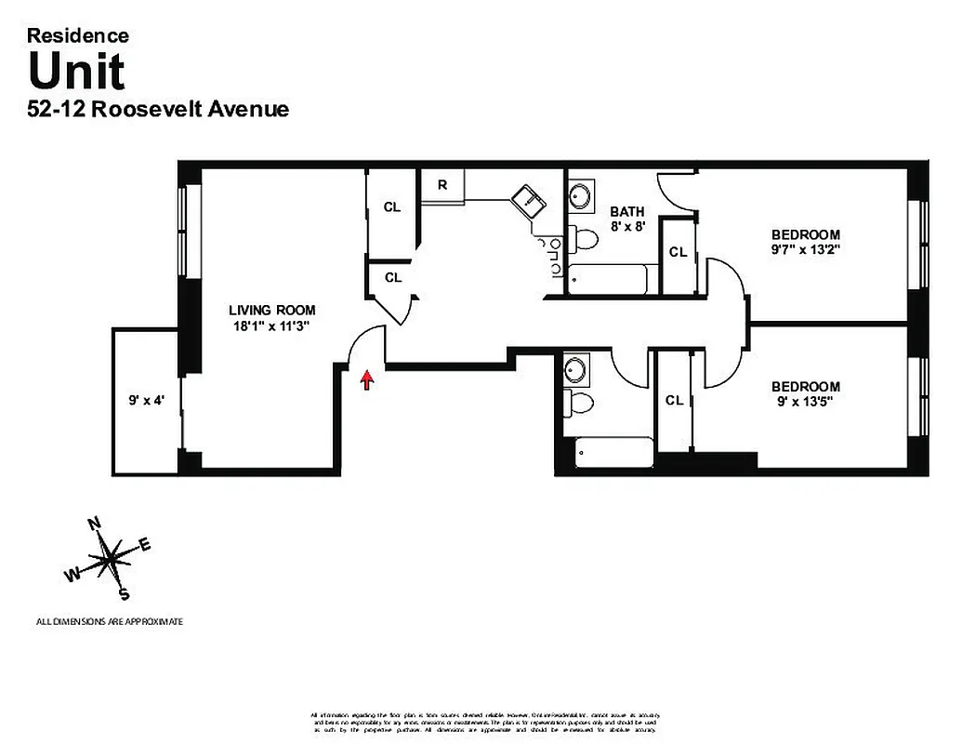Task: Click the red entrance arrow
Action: [368, 379]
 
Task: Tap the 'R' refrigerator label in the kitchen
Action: [442, 184]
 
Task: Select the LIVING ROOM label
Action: [272, 310]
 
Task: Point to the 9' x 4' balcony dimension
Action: [147, 402]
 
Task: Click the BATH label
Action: [627, 211]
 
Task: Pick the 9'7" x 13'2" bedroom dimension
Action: [805, 249]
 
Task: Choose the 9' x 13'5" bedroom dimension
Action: [805, 402]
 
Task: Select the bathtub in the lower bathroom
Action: [613, 453]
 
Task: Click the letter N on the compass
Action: [93, 525]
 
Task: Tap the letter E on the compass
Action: [144, 545]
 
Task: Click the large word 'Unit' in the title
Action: [76, 71]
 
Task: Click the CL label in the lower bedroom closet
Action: [674, 400]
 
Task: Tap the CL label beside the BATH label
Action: [678, 252]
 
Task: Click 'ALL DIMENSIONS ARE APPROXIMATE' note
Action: [110, 621]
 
